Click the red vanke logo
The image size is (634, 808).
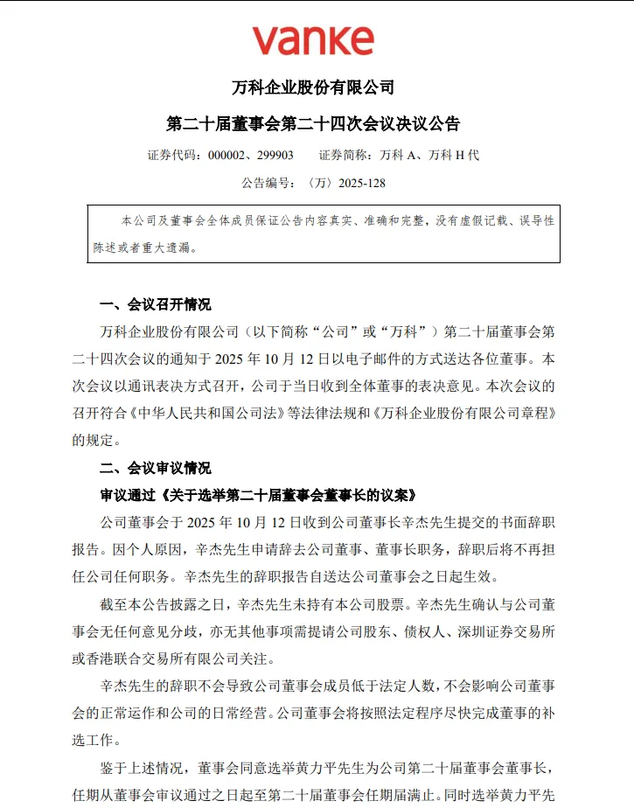click(x=313, y=40)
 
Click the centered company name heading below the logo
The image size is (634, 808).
click(x=313, y=87)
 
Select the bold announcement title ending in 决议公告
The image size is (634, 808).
click(x=313, y=122)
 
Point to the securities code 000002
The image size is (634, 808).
click(x=228, y=155)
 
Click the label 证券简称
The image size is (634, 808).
click(x=342, y=155)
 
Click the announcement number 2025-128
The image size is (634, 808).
click(x=357, y=184)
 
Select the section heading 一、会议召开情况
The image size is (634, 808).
click(x=156, y=304)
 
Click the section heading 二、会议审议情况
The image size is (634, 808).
click(x=156, y=468)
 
